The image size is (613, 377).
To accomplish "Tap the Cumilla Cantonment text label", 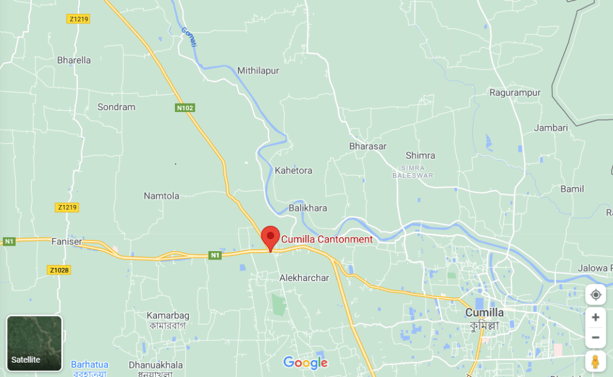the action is click(x=327, y=239).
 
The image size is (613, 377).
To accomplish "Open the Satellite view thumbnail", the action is click(x=34, y=343).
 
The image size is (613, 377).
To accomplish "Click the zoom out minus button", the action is click(x=595, y=337).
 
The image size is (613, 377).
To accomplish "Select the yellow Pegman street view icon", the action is click(x=595, y=361).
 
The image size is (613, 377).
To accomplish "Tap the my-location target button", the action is click(x=595, y=294).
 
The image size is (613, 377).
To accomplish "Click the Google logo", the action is click(x=306, y=363).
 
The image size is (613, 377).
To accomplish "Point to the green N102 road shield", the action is click(x=185, y=108).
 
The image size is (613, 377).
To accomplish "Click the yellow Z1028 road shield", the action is click(x=59, y=270).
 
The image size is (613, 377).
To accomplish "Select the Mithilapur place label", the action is click(x=258, y=70).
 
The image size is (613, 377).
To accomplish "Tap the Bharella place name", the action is click(x=74, y=60).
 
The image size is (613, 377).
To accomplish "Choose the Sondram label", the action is click(x=116, y=107).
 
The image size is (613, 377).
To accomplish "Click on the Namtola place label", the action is click(x=161, y=196).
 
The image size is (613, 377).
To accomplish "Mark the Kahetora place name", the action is click(x=294, y=170).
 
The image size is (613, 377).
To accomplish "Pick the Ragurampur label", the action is click(x=515, y=92).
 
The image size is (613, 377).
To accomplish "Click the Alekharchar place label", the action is click(x=304, y=278).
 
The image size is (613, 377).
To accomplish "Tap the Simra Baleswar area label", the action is click(x=412, y=171).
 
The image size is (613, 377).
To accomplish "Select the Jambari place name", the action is click(x=551, y=128).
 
